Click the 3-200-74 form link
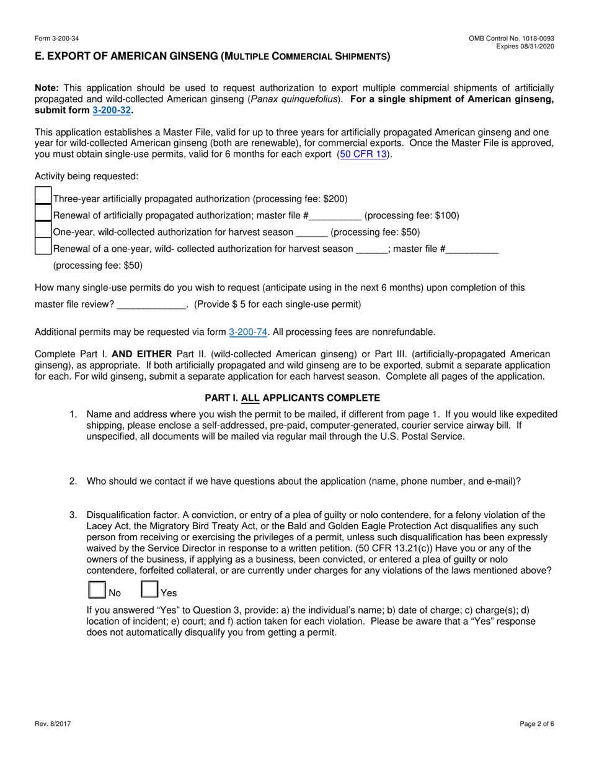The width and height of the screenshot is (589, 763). point(248,332)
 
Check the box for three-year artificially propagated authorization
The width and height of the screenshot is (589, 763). point(43,197)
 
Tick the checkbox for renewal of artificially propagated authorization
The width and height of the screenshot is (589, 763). point(43,213)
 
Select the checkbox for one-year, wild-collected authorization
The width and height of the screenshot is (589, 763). point(43,230)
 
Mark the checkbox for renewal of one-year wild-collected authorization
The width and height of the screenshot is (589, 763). point(43,247)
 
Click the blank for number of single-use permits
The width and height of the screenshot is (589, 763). point(151,305)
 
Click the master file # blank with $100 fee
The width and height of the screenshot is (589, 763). point(335,216)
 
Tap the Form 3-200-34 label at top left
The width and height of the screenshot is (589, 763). point(55,39)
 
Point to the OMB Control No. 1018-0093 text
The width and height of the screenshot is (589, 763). point(511,39)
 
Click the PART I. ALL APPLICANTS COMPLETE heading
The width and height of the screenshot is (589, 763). point(292,398)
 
